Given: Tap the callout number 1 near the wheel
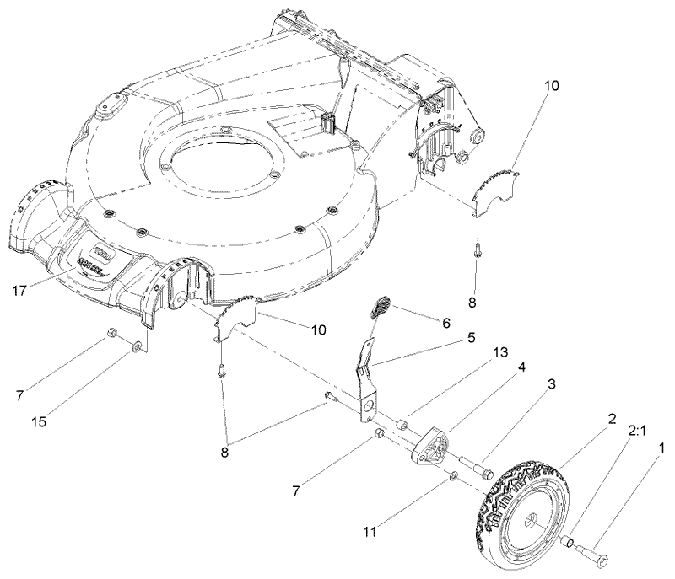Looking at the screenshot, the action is (x=661, y=448).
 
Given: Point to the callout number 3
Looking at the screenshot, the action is (x=551, y=384).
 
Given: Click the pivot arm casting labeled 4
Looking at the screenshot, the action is (x=427, y=444).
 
